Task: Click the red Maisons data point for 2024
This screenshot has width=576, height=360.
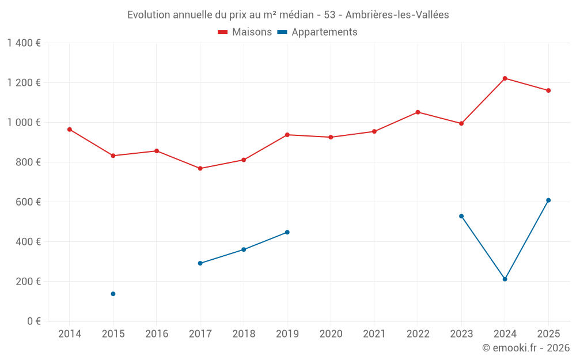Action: click(x=505, y=78)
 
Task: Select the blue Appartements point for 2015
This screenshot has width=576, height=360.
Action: click(x=113, y=294)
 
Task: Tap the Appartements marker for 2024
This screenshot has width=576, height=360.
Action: click(x=505, y=279)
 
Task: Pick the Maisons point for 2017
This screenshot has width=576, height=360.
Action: click(x=200, y=168)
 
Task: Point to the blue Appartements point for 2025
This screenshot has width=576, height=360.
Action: click(x=548, y=200)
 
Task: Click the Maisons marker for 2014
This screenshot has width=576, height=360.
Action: click(x=69, y=130)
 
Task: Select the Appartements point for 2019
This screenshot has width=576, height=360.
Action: click(x=287, y=232)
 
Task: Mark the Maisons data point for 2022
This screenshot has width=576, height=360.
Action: click(x=418, y=112)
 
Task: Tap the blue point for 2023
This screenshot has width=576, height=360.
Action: click(x=461, y=216)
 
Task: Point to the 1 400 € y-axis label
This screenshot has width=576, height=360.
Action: click(x=24, y=43)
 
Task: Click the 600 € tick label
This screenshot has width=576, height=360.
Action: click(x=29, y=202)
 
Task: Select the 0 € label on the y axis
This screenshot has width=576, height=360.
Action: click(x=32, y=321)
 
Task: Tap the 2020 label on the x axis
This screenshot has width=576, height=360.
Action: click(x=331, y=334)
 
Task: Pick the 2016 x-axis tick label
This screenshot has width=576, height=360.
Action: click(x=157, y=334)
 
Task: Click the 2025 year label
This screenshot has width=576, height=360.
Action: click(x=548, y=334)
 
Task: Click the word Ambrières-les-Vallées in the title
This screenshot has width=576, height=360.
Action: click(x=397, y=15)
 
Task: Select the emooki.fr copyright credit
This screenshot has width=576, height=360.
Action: click(x=526, y=348)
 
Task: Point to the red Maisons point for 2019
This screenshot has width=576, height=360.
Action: click(x=287, y=135)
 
